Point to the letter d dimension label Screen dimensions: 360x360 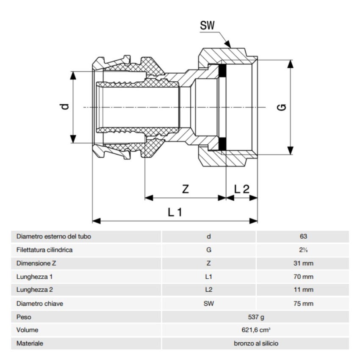tap(64, 107)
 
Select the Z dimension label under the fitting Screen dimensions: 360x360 tap(185, 189)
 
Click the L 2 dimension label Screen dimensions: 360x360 tap(242, 189)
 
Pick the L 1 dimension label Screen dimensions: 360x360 tap(174, 212)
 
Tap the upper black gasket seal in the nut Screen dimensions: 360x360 tap(222, 71)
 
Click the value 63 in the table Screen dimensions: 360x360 tap(302, 236)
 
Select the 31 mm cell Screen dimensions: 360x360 tap(302, 263)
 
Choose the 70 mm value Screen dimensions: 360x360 tap(302, 277)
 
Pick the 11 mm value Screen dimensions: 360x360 tap(302, 290)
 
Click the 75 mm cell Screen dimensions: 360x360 tap(302, 303)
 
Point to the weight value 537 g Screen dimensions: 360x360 tap(256, 317)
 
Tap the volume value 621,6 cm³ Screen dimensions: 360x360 tap(256, 330)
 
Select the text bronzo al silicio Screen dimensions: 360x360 tap(256, 344)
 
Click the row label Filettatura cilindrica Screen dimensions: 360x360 tap(44, 250)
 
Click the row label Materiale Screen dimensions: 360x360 tap(30, 344)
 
